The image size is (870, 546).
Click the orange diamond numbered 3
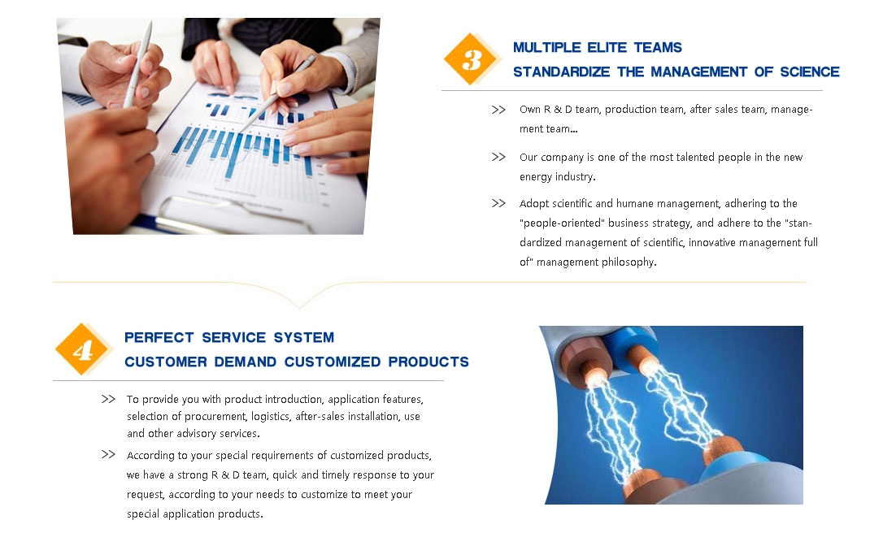pos(471,59)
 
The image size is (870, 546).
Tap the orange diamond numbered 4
pos(82,349)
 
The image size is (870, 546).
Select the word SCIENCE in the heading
pos(810,72)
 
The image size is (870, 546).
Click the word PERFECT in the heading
pos(159,337)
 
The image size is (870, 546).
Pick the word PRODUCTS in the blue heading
pos(428,362)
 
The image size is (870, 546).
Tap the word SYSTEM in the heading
pos(304,337)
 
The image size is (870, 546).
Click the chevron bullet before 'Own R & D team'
pos(498,110)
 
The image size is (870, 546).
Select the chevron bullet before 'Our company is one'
pos(498,157)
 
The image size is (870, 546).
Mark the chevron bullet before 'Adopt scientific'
pos(498,203)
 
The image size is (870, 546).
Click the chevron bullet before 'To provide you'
pos(108,399)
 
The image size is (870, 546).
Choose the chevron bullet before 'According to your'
pos(108,454)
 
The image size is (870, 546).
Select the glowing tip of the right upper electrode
pos(647,366)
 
